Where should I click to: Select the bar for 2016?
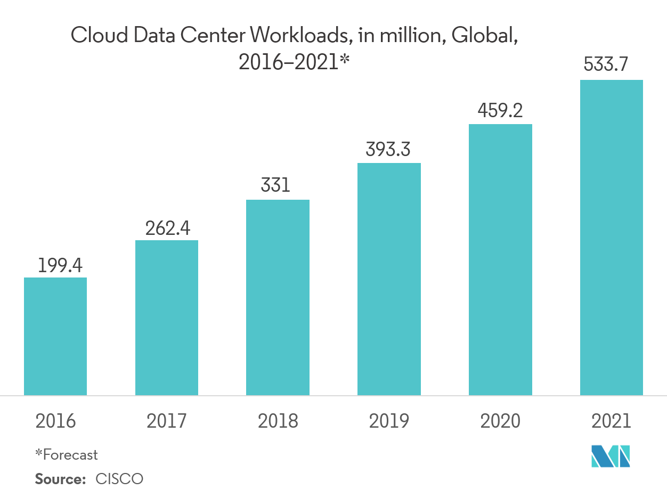55,336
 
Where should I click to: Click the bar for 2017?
167,317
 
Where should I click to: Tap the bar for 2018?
278,297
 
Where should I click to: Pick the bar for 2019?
389,279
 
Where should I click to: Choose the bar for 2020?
500,259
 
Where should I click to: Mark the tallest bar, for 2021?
611,238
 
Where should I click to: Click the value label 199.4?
60,265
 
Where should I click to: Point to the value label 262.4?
167,228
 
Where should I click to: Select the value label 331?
275,186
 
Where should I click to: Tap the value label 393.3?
388,150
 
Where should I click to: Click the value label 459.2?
500,111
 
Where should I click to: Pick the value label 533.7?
606,65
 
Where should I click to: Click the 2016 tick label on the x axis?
55,421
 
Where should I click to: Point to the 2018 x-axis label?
278,421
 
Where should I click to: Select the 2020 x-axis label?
500,421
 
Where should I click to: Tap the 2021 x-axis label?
611,421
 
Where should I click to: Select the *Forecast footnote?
67,455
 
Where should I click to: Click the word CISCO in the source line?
120,479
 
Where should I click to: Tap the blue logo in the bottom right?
611,456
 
